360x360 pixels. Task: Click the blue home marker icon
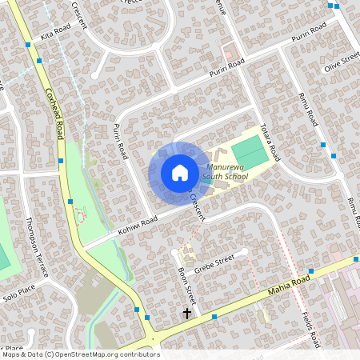179,172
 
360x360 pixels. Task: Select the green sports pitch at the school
252,152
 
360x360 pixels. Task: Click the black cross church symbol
188,314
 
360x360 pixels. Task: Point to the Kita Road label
56,32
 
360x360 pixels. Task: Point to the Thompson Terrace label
37,246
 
